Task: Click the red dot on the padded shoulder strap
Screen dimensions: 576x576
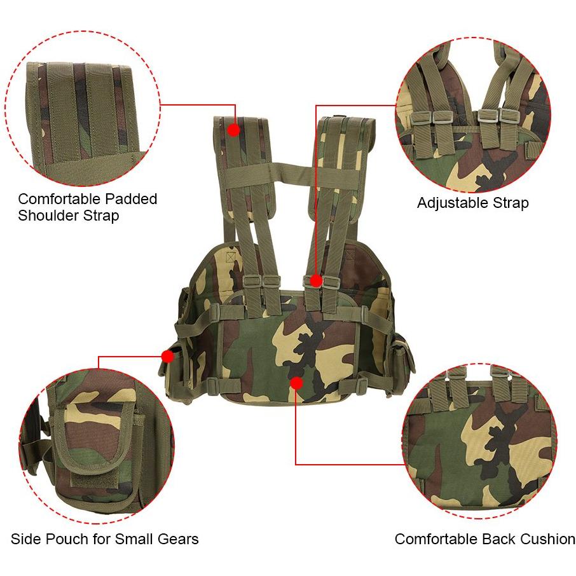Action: (233, 130)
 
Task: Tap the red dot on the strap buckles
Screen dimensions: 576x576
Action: (315, 281)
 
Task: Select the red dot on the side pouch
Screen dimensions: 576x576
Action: (167, 356)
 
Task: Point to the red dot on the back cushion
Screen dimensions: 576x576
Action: (296, 383)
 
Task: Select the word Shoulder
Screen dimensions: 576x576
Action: (49, 216)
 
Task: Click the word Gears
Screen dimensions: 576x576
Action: (178, 539)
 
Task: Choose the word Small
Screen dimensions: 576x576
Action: (134, 539)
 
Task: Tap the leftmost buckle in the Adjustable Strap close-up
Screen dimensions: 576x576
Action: (420, 118)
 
